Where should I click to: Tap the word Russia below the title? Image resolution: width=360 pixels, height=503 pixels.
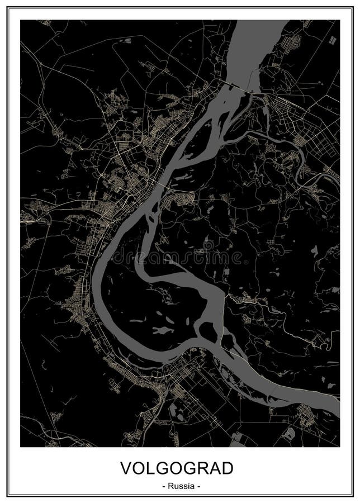pos(180,486)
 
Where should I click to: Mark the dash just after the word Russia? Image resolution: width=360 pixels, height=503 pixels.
pos(198,486)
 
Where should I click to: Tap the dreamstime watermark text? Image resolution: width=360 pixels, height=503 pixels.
pos(184,257)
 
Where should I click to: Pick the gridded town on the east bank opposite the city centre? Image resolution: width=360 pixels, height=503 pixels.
pos(182,198)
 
